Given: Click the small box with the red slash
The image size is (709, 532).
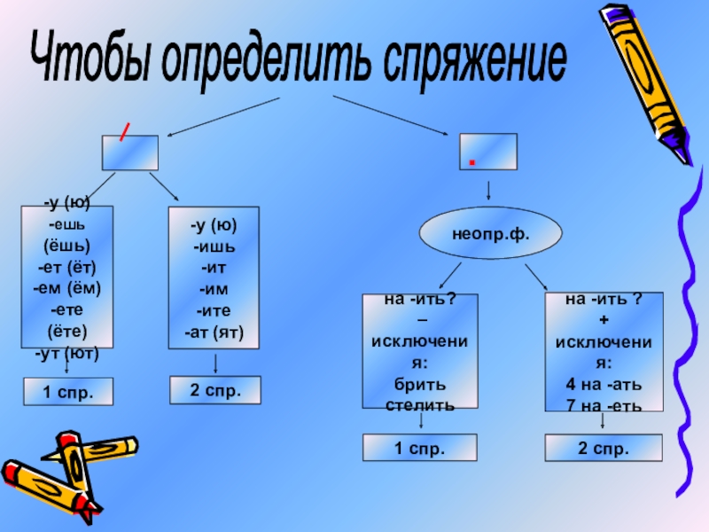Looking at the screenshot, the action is (x=129, y=152).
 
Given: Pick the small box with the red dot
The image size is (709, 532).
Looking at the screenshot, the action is (x=487, y=152).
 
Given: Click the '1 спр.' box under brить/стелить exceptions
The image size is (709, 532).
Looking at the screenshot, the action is (x=419, y=448).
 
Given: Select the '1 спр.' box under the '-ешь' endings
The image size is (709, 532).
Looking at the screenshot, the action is (x=68, y=391).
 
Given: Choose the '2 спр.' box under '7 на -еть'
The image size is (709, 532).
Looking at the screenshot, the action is (x=603, y=448).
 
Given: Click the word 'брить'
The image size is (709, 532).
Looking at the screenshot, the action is (x=420, y=385).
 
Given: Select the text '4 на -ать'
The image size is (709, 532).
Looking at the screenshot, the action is (x=604, y=385).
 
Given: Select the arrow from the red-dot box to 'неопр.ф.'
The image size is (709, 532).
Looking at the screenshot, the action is (x=488, y=192).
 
